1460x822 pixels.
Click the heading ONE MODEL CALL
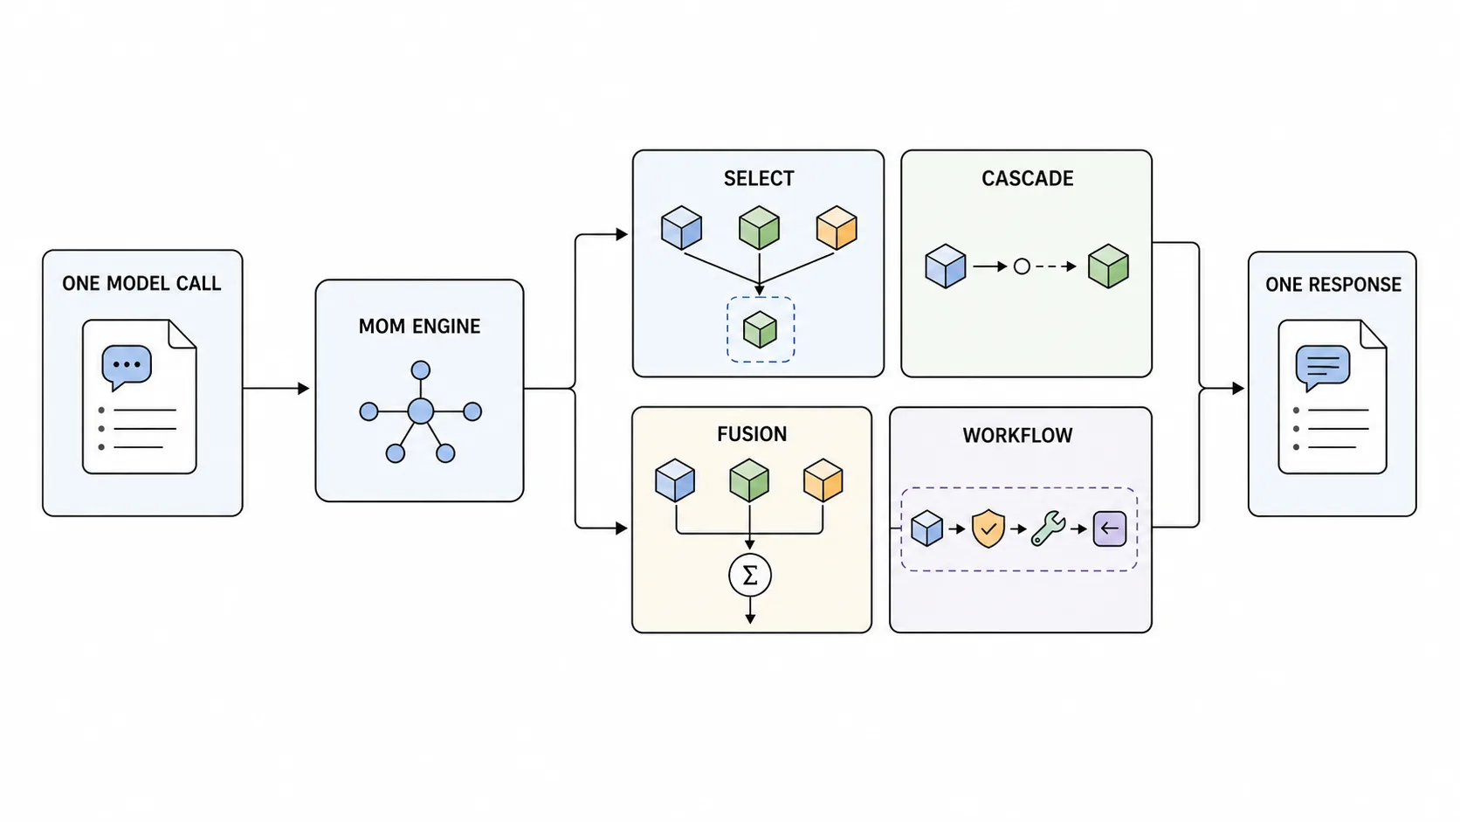pyautogui.click(x=141, y=284)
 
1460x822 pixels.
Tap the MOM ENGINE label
pyautogui.click(x=419, y=326)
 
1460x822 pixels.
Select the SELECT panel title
pyautogui.click(x=759, y=178)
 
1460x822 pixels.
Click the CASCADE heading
pyautogui.click(x=1027, y=178)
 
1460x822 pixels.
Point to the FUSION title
pyautogui.click(x=752, y=434)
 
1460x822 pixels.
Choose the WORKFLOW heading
pyautogui.click(x=1017, y=435)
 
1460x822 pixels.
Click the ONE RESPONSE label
pyautogui.click(x=1333, y=285)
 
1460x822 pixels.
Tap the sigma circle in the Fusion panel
pyautogui.click(x=749, y=575)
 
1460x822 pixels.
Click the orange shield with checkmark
pyautogui.click(x=988, y=528)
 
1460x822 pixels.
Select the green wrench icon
pyautogui.click(x=1048, y=528)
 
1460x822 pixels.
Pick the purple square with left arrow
pyautogui.click(x=1109, y=528)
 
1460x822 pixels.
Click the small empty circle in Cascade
pyautogui.click(x=1022, y=266)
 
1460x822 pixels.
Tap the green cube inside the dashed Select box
pyautogui.click(x=760, y=329)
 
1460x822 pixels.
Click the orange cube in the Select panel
pyautogui.click(x=837, y=227)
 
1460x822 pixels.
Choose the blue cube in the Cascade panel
pyautogui.click(x=945, y=266)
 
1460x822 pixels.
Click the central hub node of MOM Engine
pyautogui.click(x=420, y=411)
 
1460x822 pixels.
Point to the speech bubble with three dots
pyautogui.click(x=127, y=367)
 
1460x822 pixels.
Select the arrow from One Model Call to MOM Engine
pyautogui.click(x=276, y=389)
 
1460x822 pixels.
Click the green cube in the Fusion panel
pyautogui.click(x=749, y=480)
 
